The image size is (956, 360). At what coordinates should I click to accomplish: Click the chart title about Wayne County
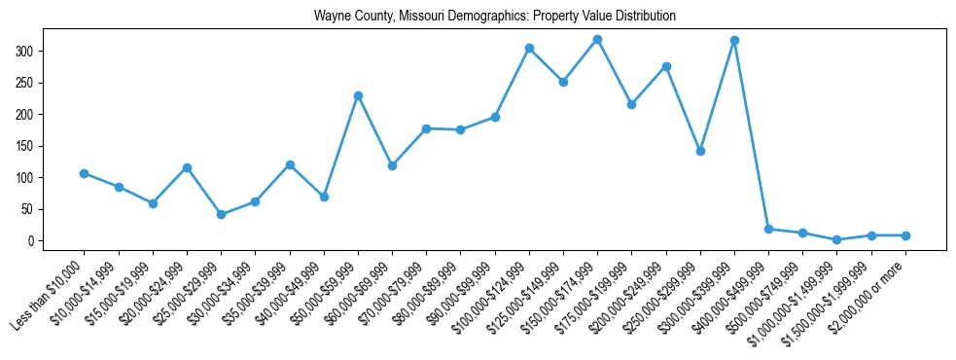(x=494, y=17)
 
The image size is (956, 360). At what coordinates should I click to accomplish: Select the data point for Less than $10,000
(x=85, y=173)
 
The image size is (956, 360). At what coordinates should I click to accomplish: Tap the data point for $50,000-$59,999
(x=358, y=95)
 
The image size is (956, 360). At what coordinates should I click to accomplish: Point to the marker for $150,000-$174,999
(x=597, y=39)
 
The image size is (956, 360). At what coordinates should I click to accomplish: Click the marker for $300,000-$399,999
(x=734, y=40)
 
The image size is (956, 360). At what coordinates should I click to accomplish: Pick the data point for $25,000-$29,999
(x=221, y=214)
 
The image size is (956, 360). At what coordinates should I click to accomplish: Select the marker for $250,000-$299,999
(x=700, y=151)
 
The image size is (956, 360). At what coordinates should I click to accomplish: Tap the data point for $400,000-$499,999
(x=768, y=229)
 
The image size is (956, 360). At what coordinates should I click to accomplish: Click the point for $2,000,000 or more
(x=905, y=235)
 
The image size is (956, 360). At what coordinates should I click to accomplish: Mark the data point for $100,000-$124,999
(x=529, y=48)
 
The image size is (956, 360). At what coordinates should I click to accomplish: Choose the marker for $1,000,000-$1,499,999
(x=836, y=239)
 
